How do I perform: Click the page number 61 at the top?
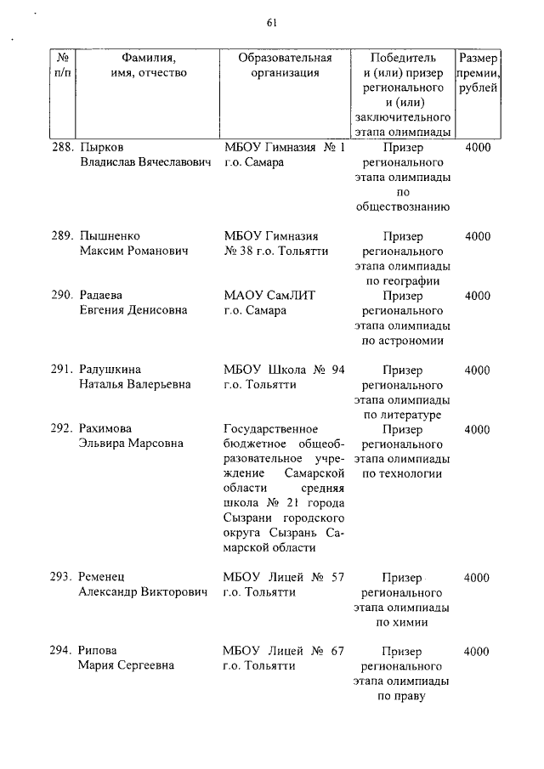click(x=272, y=22)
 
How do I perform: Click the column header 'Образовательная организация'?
click(x=285, y=65)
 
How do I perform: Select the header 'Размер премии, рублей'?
click(x=478, y=73)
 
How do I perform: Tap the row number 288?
click(x=60, y=148)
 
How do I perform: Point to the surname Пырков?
click(x=100, y=148)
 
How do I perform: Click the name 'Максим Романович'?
click(x=128, y=252)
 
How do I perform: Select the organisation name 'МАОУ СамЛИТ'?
click(x=269, y=296)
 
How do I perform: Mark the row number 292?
click(x=60, y=429)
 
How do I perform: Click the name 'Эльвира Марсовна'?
click(x=131, y=444)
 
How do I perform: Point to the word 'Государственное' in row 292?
click(x=270, y=429)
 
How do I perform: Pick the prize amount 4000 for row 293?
click(x=478, y=578)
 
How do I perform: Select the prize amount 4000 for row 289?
click(x=478, y=236)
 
